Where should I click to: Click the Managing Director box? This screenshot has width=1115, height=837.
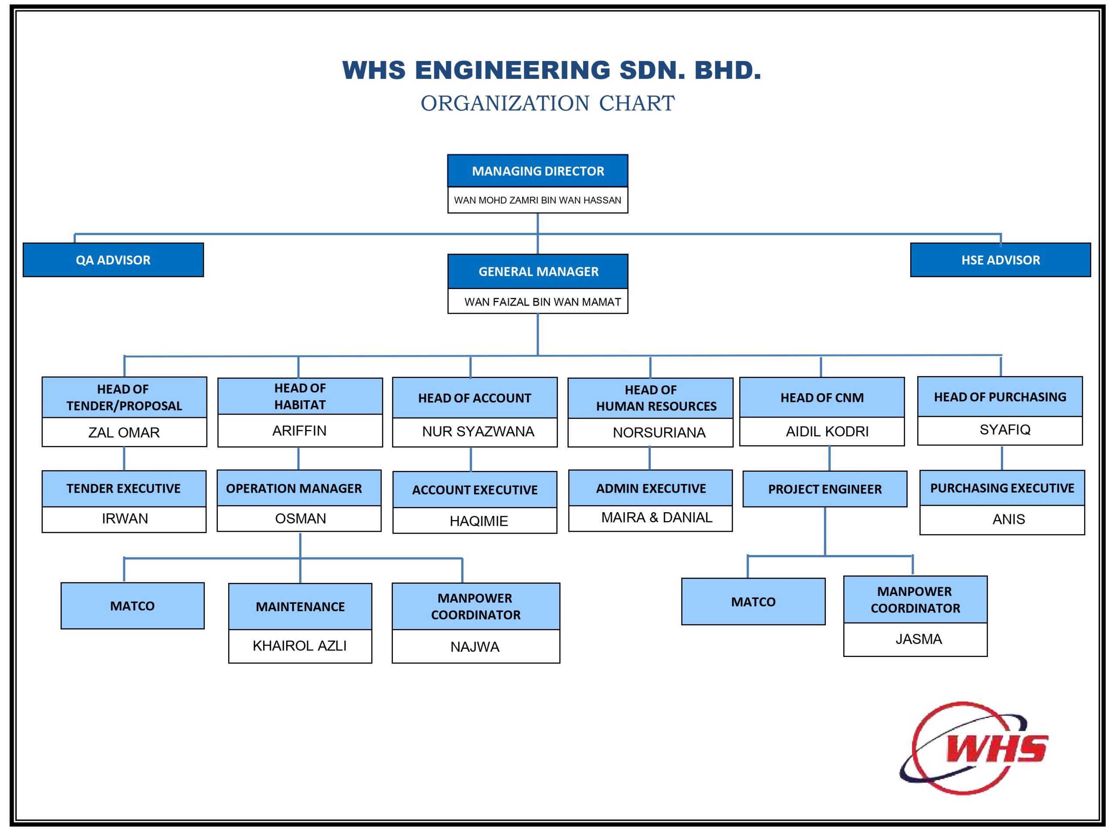pos(537,171)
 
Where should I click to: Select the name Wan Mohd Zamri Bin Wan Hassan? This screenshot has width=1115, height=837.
pos(537,200)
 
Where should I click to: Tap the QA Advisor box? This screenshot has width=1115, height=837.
pos(113,260)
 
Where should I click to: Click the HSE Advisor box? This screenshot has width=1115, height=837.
pos(1000,260)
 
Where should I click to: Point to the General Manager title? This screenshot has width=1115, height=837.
pos(538,272)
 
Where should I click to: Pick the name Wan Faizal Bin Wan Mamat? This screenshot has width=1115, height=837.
pos(542,302)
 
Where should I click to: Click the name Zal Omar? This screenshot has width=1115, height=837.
pos(124,432)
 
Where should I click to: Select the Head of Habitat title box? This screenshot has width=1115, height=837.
pos(300,397)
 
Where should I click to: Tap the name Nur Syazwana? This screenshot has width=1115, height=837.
pos(478,432)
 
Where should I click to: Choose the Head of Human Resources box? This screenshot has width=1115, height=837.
pos(650,398)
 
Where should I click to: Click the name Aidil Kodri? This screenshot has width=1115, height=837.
pos(827,432)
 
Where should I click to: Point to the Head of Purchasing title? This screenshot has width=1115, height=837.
pos(1000,397)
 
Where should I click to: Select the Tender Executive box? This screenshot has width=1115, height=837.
pos(124,488)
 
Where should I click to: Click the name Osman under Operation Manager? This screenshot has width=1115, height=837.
pos(301,518)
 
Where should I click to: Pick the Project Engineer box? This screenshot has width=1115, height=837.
pos(824,489)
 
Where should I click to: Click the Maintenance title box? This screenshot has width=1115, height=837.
pos(300,606)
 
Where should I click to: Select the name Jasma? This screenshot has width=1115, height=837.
pos(919,639)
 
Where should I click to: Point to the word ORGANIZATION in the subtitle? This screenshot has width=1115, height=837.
pos(504,103)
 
